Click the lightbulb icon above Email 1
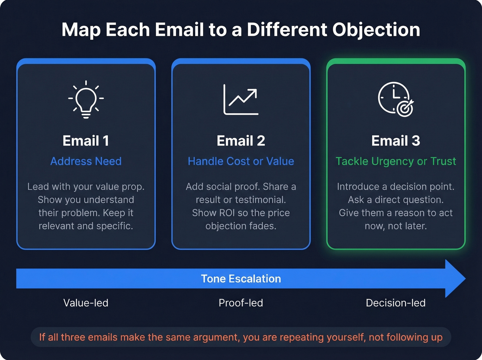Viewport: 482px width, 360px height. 86,99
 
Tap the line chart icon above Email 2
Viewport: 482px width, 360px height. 241,100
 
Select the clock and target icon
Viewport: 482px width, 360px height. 396,99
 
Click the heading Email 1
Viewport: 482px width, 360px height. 86,141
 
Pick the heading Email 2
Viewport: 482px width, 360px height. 241,141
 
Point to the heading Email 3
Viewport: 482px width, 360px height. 396,141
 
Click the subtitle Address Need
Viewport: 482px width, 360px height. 86,161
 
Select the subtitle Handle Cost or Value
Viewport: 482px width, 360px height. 241,161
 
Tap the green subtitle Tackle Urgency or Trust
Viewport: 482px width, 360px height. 396,161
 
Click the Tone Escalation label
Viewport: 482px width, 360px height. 241,279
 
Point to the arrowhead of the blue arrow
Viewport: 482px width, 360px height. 454,279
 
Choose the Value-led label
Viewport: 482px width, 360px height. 86,303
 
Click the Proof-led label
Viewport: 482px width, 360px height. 241,303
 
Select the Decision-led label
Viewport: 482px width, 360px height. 396,303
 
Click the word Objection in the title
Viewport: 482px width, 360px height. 376,30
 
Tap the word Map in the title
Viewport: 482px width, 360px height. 81,30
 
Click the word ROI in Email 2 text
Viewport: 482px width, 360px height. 227,213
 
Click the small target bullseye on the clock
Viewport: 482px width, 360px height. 405,109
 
